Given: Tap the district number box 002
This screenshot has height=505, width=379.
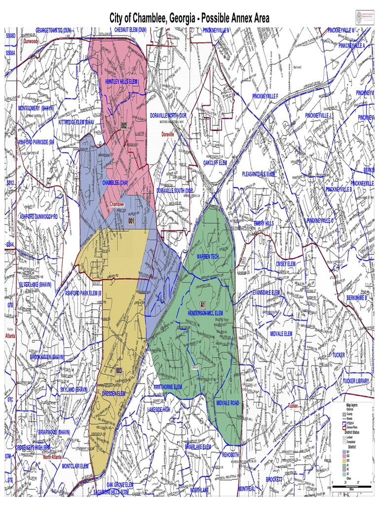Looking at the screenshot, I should click(124, 126).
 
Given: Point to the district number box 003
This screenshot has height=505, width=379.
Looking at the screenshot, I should click(118, 371).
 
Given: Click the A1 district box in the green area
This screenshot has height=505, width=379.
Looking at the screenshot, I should click(202, 305).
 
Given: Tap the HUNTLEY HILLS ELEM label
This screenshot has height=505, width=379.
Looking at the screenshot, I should click(122, 81).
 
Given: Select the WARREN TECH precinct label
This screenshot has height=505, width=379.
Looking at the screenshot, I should click(208, 257).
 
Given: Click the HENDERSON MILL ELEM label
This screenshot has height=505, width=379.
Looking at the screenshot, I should click(205, 313).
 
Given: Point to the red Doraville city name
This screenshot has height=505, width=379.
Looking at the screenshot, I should click(168, 134).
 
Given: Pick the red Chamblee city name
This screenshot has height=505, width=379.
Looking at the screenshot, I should click(117, 204).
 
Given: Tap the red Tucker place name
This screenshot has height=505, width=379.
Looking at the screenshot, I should click(293, 406).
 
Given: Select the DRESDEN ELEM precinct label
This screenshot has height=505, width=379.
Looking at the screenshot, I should click(114, 393).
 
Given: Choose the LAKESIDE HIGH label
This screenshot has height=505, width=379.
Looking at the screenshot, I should click(159, 409).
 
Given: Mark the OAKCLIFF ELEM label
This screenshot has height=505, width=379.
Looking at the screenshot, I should click(215, 162).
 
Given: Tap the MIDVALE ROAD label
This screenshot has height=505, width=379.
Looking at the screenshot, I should click(227, 403).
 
